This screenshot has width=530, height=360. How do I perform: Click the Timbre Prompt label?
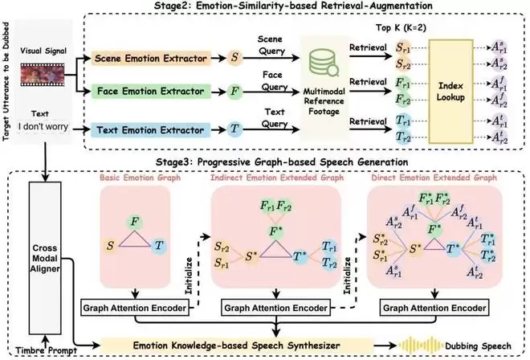pos(31,350)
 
